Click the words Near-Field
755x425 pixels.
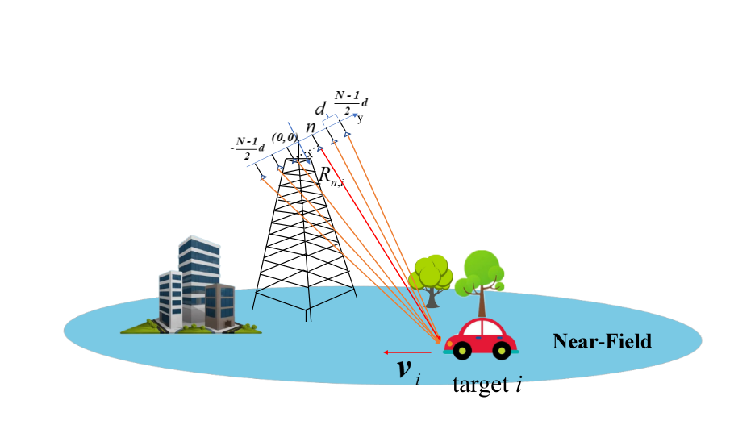[602, 341]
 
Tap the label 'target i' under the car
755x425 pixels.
[487, 385]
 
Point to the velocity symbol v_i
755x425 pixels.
[409, 371]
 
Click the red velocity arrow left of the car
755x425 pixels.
[407, 352]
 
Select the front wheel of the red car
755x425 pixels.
[461, 350]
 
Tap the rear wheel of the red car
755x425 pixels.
[501, 350]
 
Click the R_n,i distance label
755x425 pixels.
[332, 176]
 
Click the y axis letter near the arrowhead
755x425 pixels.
[361, 119]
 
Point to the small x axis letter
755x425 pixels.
[310, 153]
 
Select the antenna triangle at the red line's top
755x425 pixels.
[320, 148]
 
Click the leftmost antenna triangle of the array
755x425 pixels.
[264, 177]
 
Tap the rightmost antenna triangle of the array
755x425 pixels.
[347, 135]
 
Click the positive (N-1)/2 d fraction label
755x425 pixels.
[351, 103]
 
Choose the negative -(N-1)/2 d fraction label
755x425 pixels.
[248, 148]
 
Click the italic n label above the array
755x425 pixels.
[311, 127]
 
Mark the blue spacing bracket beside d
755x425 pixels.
[329, 119]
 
